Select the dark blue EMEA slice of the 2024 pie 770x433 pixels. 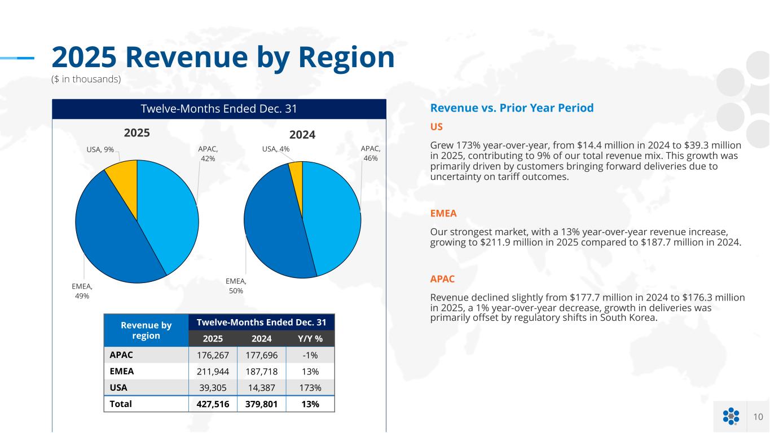(x=271, y=231)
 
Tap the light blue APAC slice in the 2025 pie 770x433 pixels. (x=166, y=214)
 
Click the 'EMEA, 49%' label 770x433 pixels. (x=82, y=291)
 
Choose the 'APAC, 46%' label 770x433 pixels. (x=371, y=153)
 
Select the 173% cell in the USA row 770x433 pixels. (x=310, y=388)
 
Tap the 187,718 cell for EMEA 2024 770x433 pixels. (x=262, y=372)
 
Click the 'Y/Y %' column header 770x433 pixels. (x=310, y=338)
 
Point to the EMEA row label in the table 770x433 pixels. (x=122, y=372)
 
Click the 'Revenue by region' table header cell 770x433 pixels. (x=146, y=330)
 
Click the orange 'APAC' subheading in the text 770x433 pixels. (x=442, y=279)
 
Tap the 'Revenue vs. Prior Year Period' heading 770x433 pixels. (x=512, y=108)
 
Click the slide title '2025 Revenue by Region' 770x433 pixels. (x=223, y=58)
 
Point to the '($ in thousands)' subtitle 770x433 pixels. (x=86, y=79)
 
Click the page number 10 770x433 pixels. (x=758, y=417)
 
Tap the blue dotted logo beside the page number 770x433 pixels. (x=731, y=417)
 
